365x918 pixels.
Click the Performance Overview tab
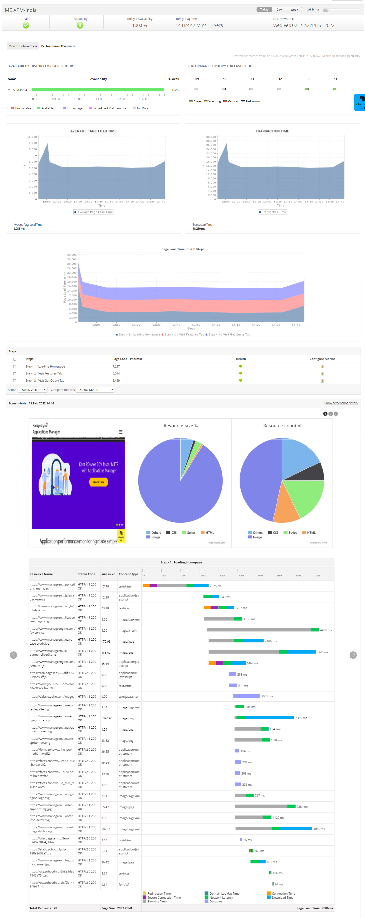click(x=58, y=46)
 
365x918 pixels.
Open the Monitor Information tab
click(x=22, y=46)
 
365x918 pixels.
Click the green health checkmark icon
click(x=26, y=25)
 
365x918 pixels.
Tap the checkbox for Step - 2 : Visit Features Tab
click(x=15, y=374)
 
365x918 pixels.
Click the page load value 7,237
click(x=116, y=367)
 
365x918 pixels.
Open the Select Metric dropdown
click(x=95, y=390)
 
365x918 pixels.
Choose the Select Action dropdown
click(x=33, y=390)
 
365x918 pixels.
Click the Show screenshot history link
click(x=341, y=403)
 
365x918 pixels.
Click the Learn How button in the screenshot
click(x=98, y=482)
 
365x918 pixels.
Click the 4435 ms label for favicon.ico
click(x=325, y=630)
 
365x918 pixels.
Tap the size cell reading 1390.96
click(x=106, y=718)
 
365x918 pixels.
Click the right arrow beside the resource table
click(x=353, y=655)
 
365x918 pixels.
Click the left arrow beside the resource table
click(x=14, y=655)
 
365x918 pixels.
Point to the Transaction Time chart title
click(x=272, y=131)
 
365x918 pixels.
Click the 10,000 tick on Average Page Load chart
click(x=32, y=137)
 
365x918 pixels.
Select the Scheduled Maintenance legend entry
click(x=110, y=108)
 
